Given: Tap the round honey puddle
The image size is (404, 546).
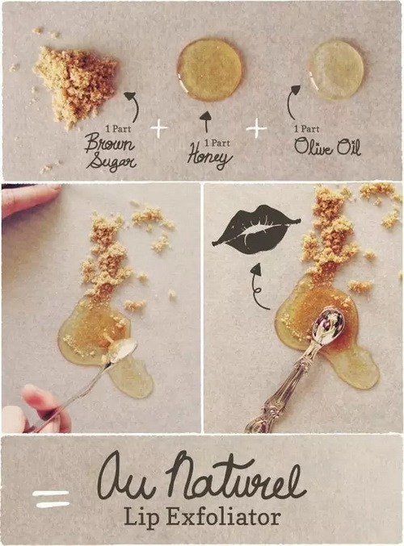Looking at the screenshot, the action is pos(209,70).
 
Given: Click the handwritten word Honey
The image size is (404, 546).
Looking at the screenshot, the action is pos(209,157).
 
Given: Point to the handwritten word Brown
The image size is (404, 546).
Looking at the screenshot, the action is pos(110,144).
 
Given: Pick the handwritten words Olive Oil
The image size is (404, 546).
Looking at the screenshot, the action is pos(327,146).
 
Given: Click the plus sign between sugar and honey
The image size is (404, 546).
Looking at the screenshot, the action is pos(159,128).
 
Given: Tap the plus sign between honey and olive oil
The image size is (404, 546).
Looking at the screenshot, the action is pos(256,128).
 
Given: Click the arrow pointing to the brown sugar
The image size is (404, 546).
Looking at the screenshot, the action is pos(137,106).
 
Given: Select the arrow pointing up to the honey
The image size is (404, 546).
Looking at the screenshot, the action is pos(206,121).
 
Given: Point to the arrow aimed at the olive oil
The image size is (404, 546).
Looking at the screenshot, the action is pos(289,101).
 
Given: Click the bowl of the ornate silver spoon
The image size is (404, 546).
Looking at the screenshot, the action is pos(326,323).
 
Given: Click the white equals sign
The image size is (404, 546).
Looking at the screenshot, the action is pos(51,498).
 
